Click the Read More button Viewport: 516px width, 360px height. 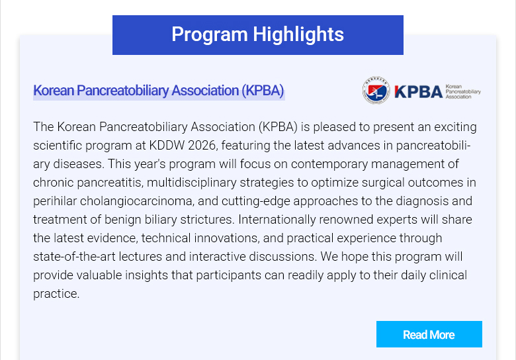tap(429, 334)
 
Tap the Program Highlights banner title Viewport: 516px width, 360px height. tap(258, 34)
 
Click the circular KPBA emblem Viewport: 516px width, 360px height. tap(376, 90)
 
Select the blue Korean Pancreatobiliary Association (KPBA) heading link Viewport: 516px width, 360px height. tap(159, 91)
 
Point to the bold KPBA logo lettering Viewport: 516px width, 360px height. tap(418, 91)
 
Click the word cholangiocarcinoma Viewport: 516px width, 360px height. tap(137, 201)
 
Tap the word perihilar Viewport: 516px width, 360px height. tap(55, 201)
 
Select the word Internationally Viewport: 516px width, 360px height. tap(277, 220)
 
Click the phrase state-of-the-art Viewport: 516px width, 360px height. tap(74, 257)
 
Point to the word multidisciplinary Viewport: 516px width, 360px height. tap(192, 183)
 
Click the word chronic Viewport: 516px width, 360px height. tap(54, 183)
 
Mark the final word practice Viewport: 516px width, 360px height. tap(56, 294)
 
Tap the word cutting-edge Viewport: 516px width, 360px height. tap(256, 201)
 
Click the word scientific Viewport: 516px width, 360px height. tap(58, 145)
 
